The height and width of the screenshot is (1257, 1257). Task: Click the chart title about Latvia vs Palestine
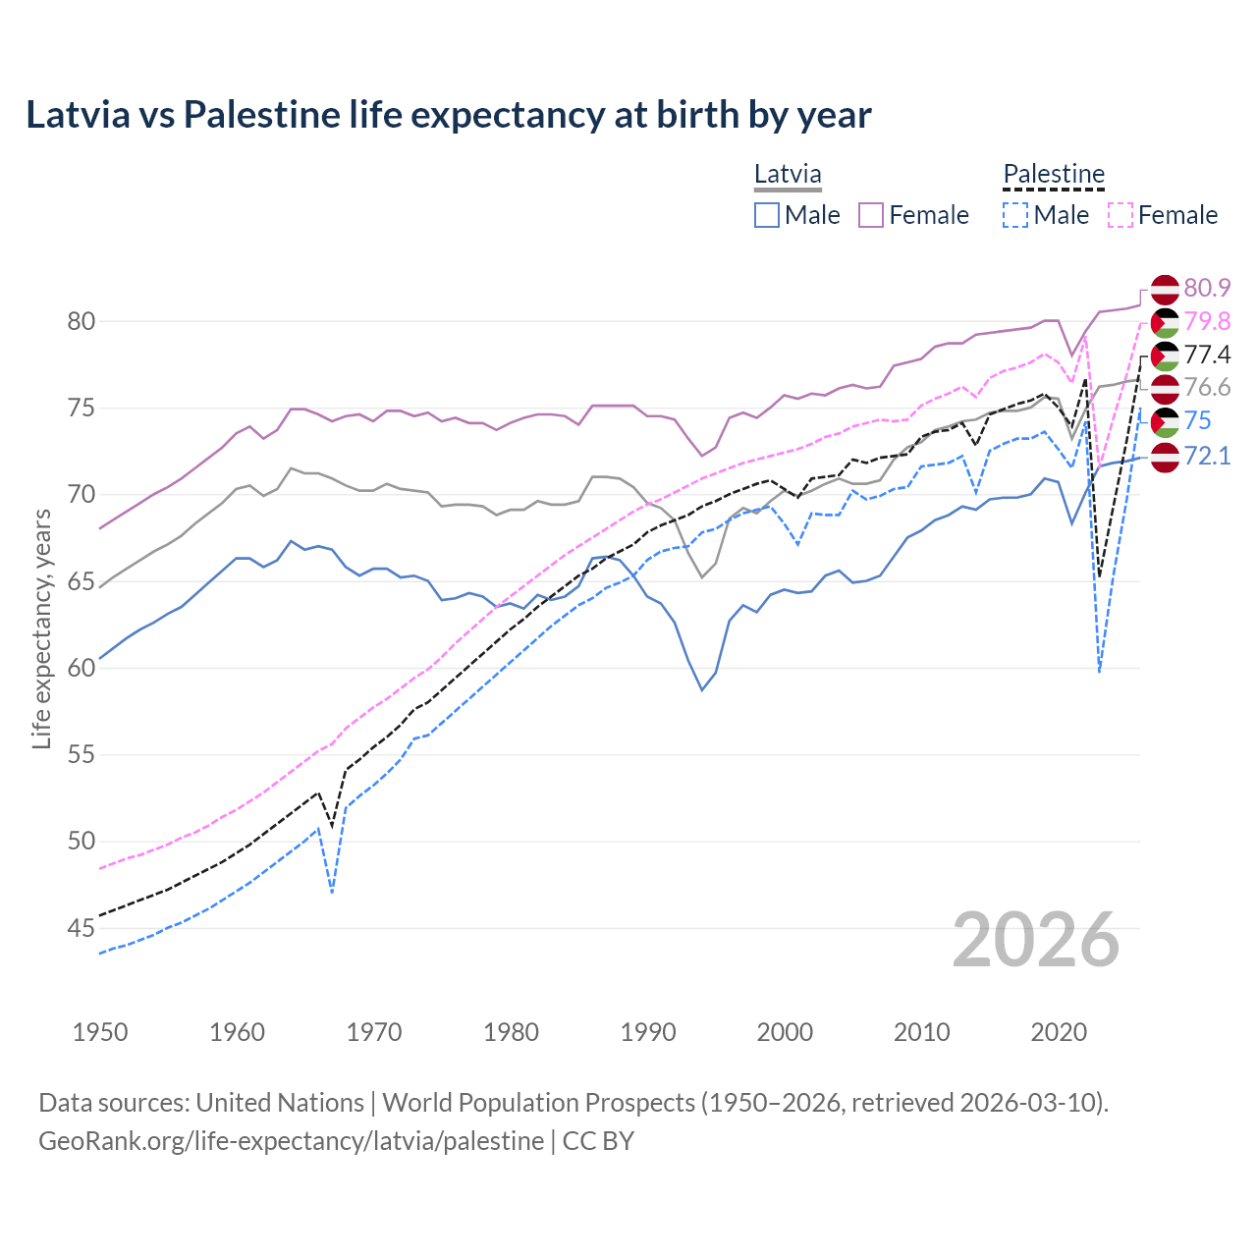[x=448, y=115]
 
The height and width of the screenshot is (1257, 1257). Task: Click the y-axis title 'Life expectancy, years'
[x=41, y=628]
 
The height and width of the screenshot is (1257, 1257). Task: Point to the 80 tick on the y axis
[x=82, y=321]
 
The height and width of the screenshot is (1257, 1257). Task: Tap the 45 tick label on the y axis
[x=82, y=928]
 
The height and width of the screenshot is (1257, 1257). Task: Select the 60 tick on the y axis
[x=82, y=668]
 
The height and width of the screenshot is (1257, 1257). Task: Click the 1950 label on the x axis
[x=100, y=1032]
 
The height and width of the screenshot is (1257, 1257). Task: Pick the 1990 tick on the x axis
[x=648, y=1032]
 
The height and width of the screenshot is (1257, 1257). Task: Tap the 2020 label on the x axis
[x=1059, y=1032]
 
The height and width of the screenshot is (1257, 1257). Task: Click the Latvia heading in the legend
[x=788, y=175]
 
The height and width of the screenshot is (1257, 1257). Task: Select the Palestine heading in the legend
[x=1054, y=175]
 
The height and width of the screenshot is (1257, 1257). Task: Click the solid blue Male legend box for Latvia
[x=767, y=215]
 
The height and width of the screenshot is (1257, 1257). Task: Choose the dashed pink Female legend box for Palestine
[x=1120, y=215]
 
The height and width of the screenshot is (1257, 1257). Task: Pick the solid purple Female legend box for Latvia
[x=871, y=215]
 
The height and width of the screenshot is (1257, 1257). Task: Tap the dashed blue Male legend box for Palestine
[x=1015, y=215]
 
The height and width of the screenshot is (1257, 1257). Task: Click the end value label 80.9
[x=1207, y=288]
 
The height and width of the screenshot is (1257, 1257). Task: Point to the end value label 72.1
[x=1207, y=456]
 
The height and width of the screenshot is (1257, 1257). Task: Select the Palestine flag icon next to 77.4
[x=1164, y=355]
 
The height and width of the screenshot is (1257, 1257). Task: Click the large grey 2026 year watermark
[x=1036, y=940]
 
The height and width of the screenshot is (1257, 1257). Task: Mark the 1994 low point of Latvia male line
[x=702, y=690]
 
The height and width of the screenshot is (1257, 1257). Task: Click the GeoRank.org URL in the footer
[x=291, y=1141]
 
